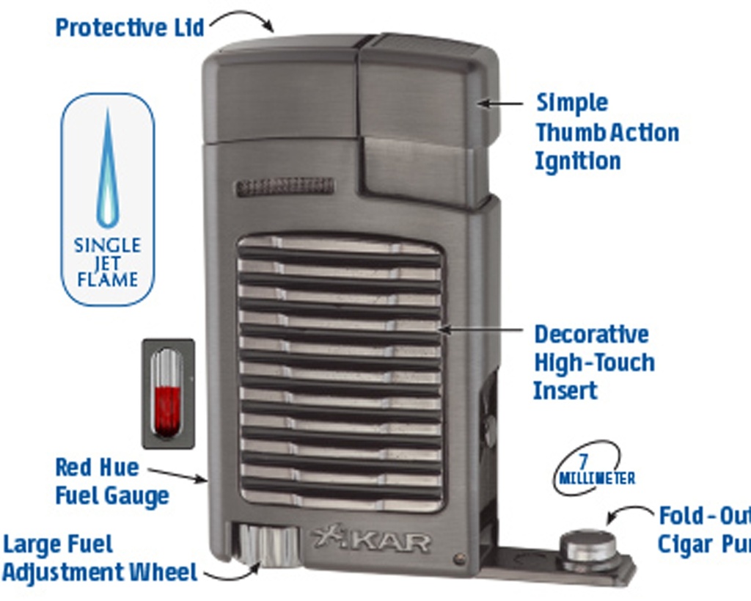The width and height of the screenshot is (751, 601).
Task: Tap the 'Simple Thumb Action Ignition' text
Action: click(x=606, y=132)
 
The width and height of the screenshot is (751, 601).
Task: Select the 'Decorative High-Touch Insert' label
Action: click(x=593, y=363)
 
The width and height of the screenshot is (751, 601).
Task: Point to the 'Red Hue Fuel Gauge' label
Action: click(x=111, y=481)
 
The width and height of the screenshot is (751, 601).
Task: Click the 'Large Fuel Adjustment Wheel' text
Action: click(x=100, y=558)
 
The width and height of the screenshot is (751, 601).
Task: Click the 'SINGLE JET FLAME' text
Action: click(x=107, y=262)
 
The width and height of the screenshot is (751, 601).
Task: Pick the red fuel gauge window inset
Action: click(x=168, y=393)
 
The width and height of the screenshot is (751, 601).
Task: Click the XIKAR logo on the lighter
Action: click(x=371, y=540)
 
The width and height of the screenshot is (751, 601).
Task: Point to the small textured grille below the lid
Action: click(x=284, y=186)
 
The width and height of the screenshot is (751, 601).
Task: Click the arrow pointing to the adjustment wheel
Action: click(x=230, y=572)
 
